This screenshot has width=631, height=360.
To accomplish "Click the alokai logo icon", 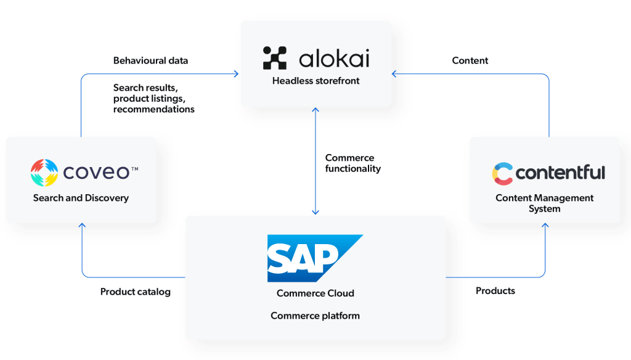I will click(274, 57).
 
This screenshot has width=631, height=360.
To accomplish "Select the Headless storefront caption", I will click(315, 80).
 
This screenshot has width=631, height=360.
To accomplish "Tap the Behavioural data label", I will click(150, 61).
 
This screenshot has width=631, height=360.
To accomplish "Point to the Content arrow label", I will click(470, 60).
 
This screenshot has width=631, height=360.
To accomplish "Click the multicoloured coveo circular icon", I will click(44, 173).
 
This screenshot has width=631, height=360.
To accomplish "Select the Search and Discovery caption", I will click(81, 198).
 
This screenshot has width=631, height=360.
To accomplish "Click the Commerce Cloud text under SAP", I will click(315, 293).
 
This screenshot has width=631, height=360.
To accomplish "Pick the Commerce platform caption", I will click(315, 316).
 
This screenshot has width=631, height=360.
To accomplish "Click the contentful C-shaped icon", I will click(502, 174).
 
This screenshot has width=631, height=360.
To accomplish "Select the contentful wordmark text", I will click(560, 173).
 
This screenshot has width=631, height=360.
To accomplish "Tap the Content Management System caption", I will click(544, 203).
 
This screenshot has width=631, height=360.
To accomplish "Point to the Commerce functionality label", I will click(352, 163).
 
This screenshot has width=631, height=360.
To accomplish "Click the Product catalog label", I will click(135, 292).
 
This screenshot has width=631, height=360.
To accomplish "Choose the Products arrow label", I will click(495, 290).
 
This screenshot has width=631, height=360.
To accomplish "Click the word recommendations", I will click(153, 109).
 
